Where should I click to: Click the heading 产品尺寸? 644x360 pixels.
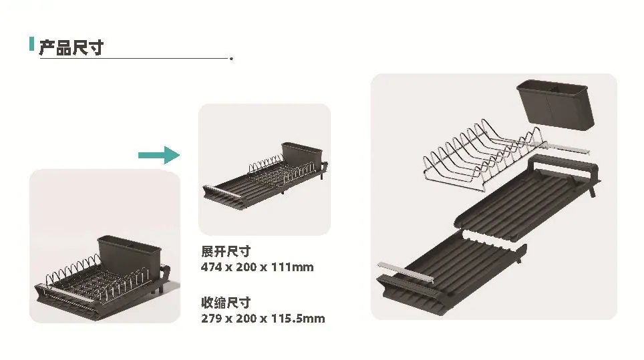click(71, 47)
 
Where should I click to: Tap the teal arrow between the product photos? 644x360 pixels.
click(159, 155)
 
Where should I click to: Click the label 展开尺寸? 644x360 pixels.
click(226, 251)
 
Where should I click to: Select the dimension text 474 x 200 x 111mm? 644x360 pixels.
click(257, 267)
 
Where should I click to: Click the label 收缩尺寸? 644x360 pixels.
click(226, 303)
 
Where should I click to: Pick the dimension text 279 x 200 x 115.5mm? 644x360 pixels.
click(263, 319)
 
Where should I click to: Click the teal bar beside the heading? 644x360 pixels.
click(31, 44)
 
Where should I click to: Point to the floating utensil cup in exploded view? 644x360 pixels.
click(555, 105)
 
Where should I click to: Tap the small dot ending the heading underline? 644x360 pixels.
click(232, 59)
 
